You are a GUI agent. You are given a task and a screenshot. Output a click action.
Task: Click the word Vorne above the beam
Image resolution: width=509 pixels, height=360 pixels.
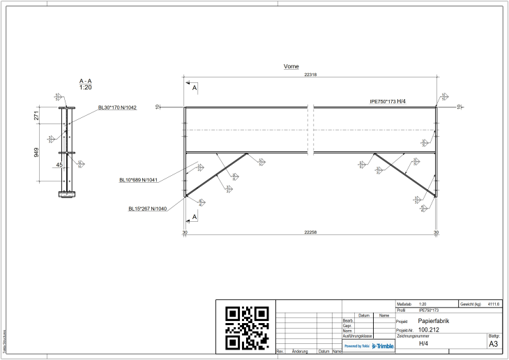tap(291, 67)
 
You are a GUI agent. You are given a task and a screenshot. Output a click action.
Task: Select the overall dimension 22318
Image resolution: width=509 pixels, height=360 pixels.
tap(310, 74)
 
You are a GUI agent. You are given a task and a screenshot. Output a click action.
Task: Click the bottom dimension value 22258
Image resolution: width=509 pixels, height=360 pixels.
tap(310, 232)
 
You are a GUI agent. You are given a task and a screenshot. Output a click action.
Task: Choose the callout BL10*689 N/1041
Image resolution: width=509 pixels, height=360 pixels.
tap(138, 180)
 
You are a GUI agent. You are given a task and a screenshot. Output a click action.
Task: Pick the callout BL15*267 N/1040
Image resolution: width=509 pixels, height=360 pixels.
tap(147, 209)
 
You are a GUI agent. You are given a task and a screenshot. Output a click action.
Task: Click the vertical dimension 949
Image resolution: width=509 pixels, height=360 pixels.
tap(37, 152)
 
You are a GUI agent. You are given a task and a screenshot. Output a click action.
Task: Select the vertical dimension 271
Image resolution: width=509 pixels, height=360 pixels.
tap(37, 116)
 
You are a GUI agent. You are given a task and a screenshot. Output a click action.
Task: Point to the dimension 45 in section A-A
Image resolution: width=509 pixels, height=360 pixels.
tap(59, 165)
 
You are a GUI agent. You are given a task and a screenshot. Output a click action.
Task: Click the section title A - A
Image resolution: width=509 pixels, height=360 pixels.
tap(86, 82)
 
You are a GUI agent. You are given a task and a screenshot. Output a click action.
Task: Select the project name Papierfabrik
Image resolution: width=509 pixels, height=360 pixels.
tap(434, 321)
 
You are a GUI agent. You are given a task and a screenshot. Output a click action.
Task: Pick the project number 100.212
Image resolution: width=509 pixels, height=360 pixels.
tap(429, 330)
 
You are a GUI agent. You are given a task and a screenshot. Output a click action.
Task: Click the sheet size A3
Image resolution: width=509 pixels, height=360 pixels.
tap(493, 344)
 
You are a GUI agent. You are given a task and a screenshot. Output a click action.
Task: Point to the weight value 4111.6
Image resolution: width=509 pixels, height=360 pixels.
tap(494, 304)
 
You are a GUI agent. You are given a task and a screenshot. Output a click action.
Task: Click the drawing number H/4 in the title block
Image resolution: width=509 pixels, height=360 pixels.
tap(423, 344)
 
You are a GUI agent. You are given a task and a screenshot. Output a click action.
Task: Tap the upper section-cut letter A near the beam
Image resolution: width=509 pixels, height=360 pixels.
tap(195, 89)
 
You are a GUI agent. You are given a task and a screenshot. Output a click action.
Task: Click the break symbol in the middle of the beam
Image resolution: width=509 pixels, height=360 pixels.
tap(312, 130)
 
